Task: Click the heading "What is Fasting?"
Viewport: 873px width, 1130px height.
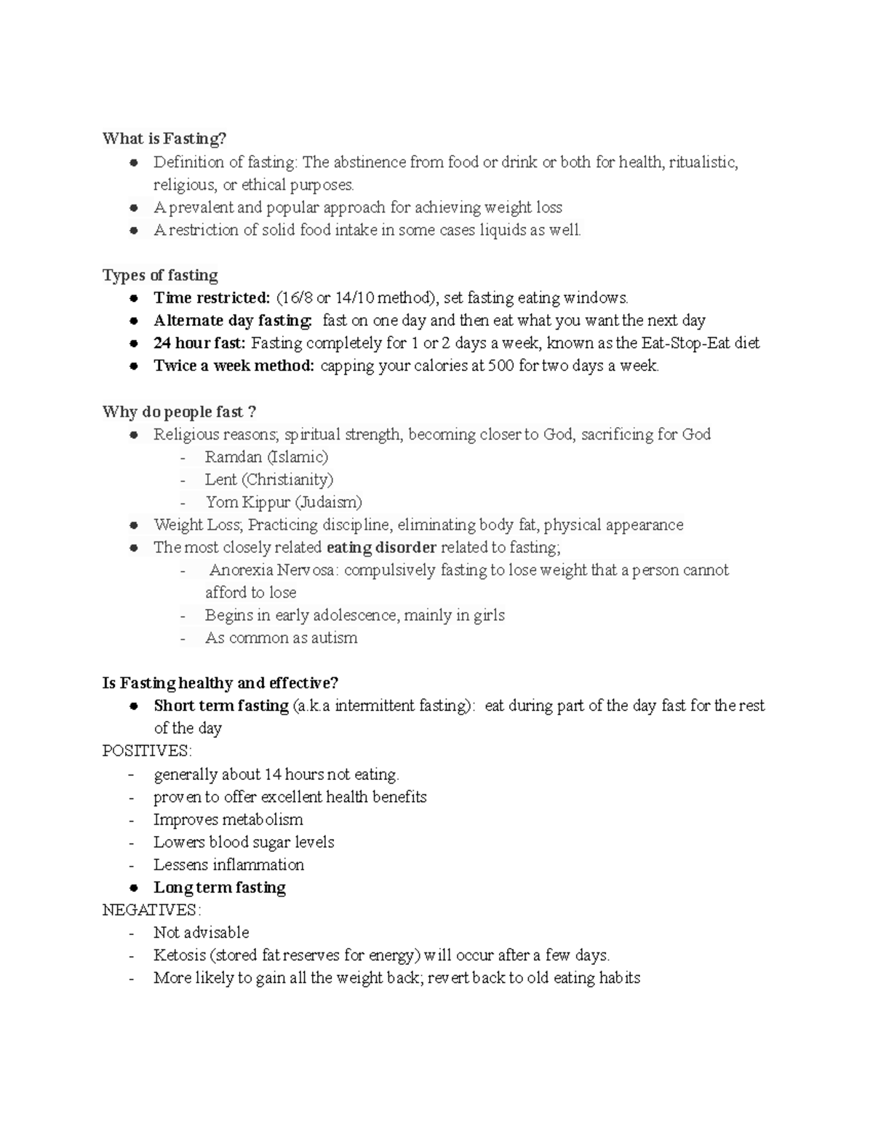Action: (164, 138)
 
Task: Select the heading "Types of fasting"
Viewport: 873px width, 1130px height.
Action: (160, 275)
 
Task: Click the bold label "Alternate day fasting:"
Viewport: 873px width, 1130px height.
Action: (233, 320)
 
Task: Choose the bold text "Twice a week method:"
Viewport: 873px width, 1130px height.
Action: (234, 365)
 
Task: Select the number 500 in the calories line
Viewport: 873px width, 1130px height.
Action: (501, 365)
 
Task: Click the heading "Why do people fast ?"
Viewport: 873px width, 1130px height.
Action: (179, 412)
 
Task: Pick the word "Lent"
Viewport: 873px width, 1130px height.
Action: (220, 480)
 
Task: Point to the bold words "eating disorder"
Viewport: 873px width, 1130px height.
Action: (381, 547)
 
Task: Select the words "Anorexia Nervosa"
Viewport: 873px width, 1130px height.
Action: (273, 570)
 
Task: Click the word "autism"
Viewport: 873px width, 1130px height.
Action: (334, 638)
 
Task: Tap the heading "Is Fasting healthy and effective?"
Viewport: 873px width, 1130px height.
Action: (220, 683)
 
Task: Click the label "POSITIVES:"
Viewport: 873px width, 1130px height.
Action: (147, 751)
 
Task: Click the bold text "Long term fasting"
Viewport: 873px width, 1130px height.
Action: (220, 888)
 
